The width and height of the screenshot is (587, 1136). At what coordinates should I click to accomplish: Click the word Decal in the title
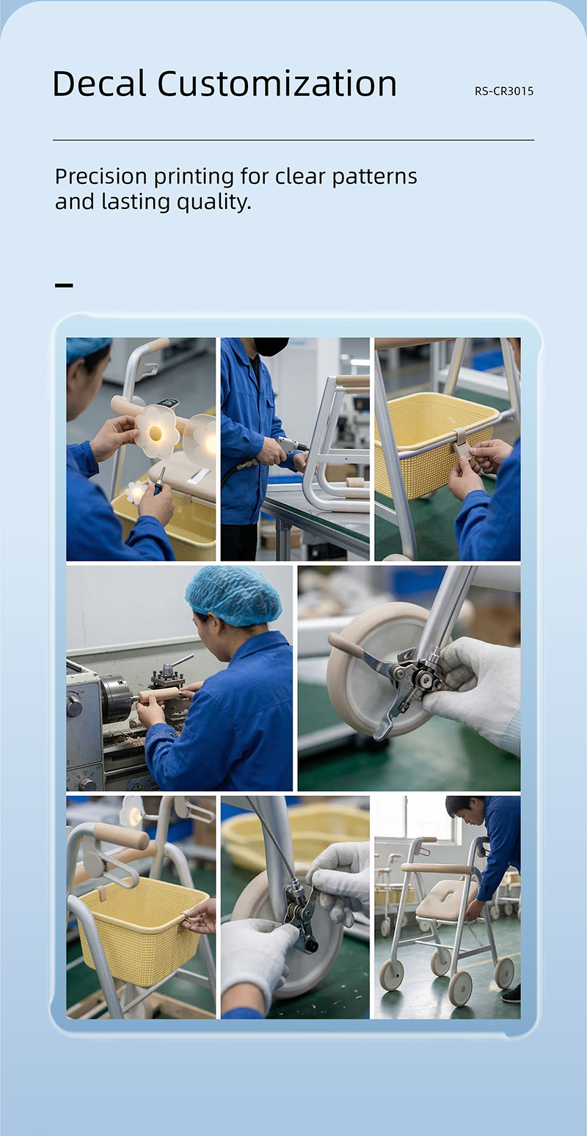click(x=99, y=83)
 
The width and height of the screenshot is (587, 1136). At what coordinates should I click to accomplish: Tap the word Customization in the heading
click(x=277, y=83)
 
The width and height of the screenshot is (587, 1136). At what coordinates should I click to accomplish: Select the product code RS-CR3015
click(x=504, y=92)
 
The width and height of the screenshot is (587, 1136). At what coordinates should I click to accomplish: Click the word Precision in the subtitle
click(x=101, y=177)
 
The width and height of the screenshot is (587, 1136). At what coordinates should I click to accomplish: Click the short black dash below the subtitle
click(x=64, y=286)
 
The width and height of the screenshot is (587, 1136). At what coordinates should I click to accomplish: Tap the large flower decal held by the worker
click(x=156, y=432)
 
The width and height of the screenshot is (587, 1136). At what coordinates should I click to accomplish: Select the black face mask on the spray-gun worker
click(x=271, y=347)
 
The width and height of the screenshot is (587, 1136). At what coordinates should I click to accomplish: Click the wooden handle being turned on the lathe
click(x=158, y=695)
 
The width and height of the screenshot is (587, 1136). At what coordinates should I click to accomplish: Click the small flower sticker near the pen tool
click(x=136, y=492)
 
